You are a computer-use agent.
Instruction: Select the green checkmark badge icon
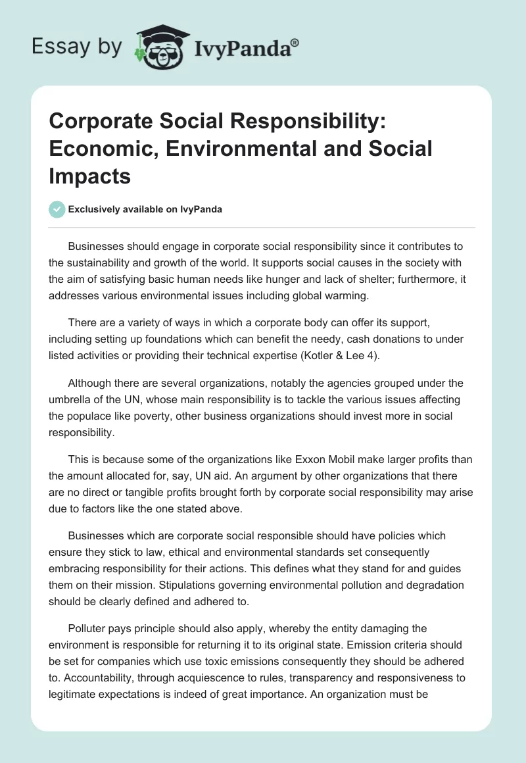point(57,209)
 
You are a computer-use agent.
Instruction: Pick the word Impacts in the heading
point(90,177)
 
